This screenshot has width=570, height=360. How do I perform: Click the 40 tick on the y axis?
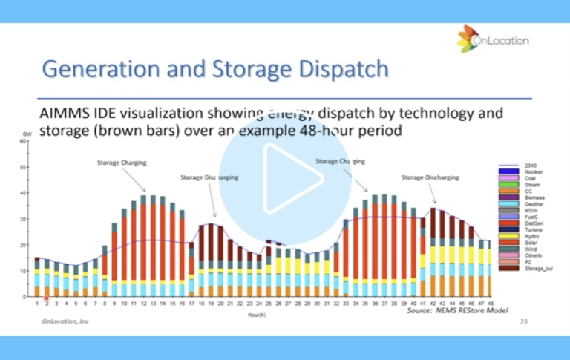pos(24,193)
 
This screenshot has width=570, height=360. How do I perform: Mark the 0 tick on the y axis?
pos(25,297)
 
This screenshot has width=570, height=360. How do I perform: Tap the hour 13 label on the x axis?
pos(153,304)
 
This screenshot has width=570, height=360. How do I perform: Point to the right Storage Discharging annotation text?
pos(430,177)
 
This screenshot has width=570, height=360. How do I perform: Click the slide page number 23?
pos(524,321)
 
